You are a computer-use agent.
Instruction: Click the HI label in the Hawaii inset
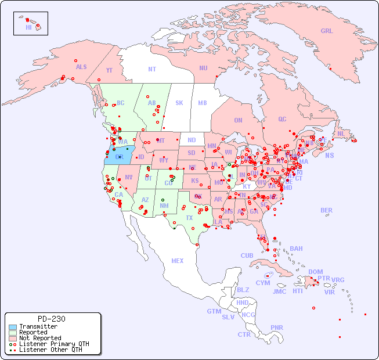(28, 27)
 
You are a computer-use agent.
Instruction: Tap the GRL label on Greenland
(327, 31)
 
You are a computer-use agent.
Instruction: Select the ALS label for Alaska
(81, 67)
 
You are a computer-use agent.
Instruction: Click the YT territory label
(109, 70)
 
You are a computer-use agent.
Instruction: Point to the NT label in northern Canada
(151, 69)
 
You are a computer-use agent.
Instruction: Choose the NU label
(203, 68)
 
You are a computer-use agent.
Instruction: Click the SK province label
(179, 103)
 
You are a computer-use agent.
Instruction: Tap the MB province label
(202, 103)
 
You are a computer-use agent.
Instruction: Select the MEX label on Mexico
(177, 261)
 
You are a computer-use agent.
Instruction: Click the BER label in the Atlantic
(326, 210)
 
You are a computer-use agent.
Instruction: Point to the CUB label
(247, 255)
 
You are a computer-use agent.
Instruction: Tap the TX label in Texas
(189, 218)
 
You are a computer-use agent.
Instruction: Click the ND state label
(192, 140)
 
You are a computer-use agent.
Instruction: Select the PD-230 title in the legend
(51, 319)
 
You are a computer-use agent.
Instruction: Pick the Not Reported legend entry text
(40, 338)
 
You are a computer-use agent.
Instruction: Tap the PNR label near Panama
(277, 327)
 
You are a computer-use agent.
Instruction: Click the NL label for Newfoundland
(341, 133)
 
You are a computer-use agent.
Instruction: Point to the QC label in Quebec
(282, 119)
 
